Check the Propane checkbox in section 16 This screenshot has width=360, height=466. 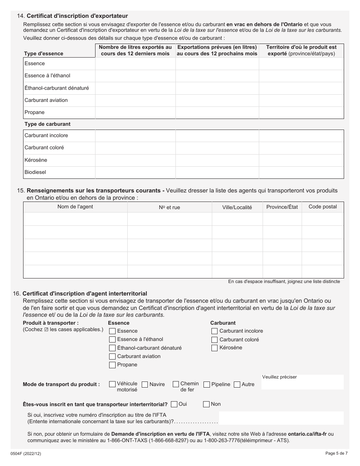(x=112, y=365)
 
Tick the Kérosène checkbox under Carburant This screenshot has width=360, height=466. (x=214, y=348)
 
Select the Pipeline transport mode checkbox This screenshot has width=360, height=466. (x=207, y=385)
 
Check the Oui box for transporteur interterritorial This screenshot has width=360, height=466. (x=174, y=404)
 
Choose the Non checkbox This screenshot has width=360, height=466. (x=206, y=404)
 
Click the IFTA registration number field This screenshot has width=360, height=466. (x=281, y=418)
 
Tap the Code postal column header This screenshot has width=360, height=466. (x=322, y=207)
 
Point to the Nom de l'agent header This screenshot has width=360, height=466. (x=75, y=207)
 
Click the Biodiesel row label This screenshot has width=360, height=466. (x=35, y=172)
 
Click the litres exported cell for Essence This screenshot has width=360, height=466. (x=135, y=64)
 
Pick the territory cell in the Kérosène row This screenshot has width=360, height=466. (x=301, y=160)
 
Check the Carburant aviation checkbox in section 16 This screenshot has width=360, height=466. (x=112, y=357)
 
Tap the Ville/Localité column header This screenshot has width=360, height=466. (x=237, y=208)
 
